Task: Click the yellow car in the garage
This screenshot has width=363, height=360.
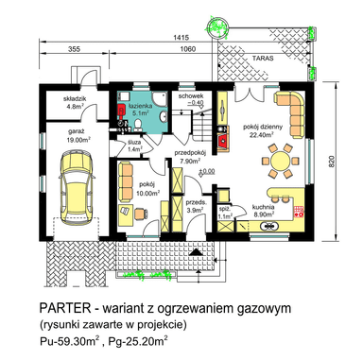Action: point(78,187)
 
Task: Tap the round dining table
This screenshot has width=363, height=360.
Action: point(281,161)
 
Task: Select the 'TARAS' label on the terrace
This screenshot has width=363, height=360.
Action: point(263,59)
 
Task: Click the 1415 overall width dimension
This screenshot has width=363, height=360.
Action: point(181,38)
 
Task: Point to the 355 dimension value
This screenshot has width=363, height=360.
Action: point(74,49)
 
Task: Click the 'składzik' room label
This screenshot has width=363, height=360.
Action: point(75,99)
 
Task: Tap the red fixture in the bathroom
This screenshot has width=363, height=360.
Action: point(121,111)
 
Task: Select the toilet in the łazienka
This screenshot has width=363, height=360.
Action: point(138,125)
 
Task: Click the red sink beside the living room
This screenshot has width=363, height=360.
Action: point(224,139)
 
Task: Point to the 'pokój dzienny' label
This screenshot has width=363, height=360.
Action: point(263,127)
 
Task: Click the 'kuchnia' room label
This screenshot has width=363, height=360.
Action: point(263,207)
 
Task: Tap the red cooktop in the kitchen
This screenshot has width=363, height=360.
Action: point(299,211)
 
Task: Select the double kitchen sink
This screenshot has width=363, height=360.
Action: point(268,226)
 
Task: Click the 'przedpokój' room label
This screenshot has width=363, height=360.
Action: point(190,154)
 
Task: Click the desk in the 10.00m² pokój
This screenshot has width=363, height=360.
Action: point(126,214)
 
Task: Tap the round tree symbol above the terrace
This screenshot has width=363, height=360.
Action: point(216,26)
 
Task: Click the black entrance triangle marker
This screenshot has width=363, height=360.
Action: point(197,251)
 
